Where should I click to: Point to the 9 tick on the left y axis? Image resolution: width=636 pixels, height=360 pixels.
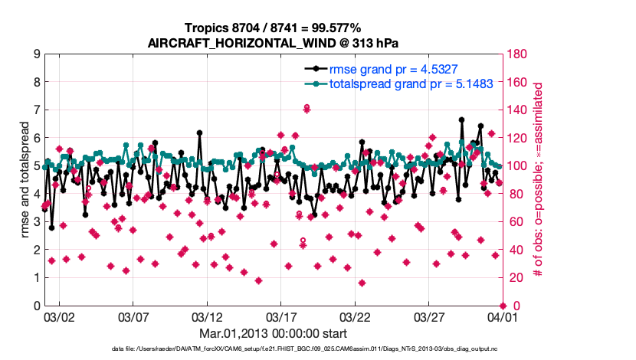pyautogui.click(x=36, y=54)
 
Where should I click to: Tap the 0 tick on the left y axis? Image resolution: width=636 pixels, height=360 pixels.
pyautogui.click(x=36, y=306)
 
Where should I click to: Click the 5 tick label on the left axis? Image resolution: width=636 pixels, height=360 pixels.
pyautogui.click(x=36, y=166)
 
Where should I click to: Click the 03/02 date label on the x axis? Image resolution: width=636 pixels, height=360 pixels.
pyautogui.click(x=59, y=316)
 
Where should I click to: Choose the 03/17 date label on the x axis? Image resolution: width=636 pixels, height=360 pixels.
pyautogui.click(x=281, y=316)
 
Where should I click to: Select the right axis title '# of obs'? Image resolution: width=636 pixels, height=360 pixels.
pyautogui.click(x=538, y=180)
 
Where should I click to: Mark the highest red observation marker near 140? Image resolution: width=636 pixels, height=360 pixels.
pyautogui.click(x=307, y=109)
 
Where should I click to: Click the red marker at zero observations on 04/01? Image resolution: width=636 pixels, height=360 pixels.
pyautogui.click(x=503, y=306)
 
